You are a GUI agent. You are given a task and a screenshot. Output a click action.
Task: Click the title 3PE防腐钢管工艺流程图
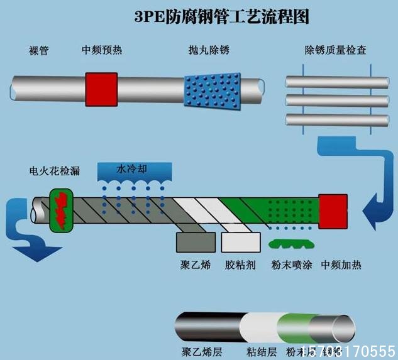(221, 17)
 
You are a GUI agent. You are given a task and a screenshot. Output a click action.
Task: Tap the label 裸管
(39, 50)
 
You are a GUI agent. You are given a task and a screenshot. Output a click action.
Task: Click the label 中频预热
(102, 50)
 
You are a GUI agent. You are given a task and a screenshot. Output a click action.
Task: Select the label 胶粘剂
(240, 264)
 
